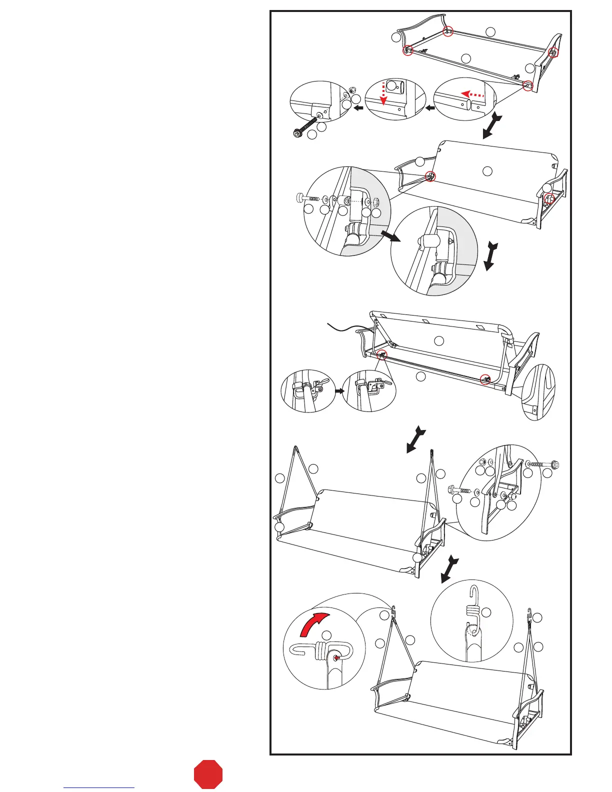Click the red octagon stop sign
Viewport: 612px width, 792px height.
pyautogui.click(x=208, y=774)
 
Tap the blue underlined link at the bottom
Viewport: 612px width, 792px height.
pyautogui.click(x=99, y=787)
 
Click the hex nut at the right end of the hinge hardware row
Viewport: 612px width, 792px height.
pyautogui.click(x=376, y=202)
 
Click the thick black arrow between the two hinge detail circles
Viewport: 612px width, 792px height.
pyautogui.click(x=390, y=236)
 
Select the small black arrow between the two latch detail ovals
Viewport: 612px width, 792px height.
pyautogui.click(x=339, y=391)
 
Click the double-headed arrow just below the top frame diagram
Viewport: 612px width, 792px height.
pyautogui.click(x=489, y=125)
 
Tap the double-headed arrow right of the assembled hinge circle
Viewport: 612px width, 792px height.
pyautogui.click(x=489, y=255)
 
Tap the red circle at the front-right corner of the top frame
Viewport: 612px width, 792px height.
pyautogui.click(x=528, y=86)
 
